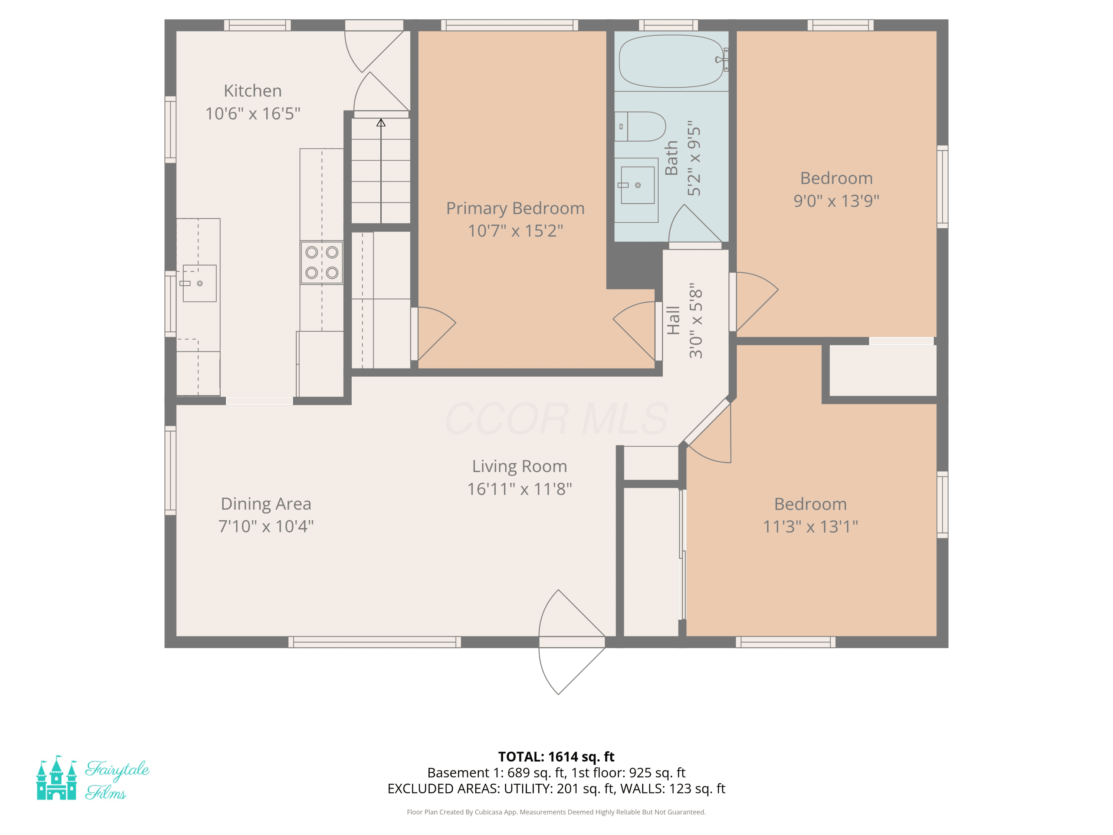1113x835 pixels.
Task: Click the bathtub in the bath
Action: coord(672,61)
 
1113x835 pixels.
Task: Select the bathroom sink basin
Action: coord(637,185)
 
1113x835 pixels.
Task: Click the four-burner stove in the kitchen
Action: coord(322,263)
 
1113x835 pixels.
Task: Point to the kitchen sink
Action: coord(199,284)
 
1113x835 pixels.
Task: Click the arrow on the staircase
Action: coord(381,171)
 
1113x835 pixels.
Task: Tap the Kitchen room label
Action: coord(253,91)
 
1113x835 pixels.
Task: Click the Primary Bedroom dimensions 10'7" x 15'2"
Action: coord(515,230)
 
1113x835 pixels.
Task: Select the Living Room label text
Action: coord(519,466)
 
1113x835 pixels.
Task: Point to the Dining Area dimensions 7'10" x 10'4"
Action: coord(266,526)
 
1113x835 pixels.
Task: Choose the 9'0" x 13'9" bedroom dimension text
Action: coord(836,201)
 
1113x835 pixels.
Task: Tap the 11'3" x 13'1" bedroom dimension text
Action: coord(810,527)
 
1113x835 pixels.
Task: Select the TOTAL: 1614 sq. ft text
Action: coord(556,756)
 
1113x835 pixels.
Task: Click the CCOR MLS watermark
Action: coord(556,418)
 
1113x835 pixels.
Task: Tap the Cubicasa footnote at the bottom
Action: coord(556,812)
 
